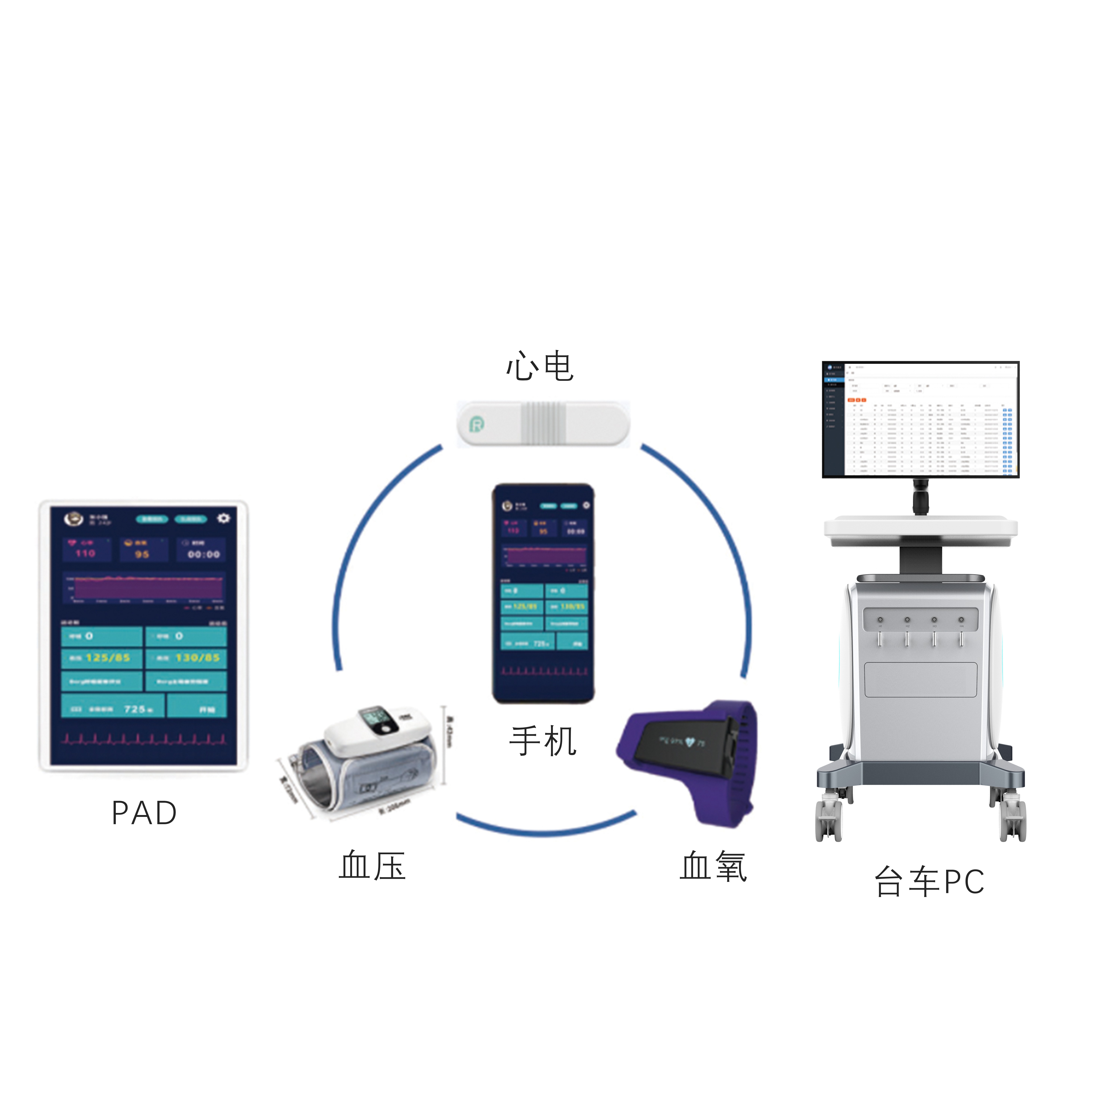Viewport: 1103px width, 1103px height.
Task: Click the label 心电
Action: pyautogui.click(x=540, y=367)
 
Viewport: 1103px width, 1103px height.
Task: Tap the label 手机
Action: pyautogui.click(x=542, y=741)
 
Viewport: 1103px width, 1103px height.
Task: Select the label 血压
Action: pyautogui.click(x=372, y=865)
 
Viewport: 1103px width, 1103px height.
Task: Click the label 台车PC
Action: pyautogui.click(x=929, y=881)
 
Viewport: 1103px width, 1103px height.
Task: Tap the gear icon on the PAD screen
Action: pyautogui.click(x=223, y=518)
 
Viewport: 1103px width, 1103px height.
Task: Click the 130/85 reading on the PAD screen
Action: pyautogui.click(x=197, y=658)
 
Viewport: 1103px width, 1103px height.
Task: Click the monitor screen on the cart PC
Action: pyautogui.click(x=920, y=419)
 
